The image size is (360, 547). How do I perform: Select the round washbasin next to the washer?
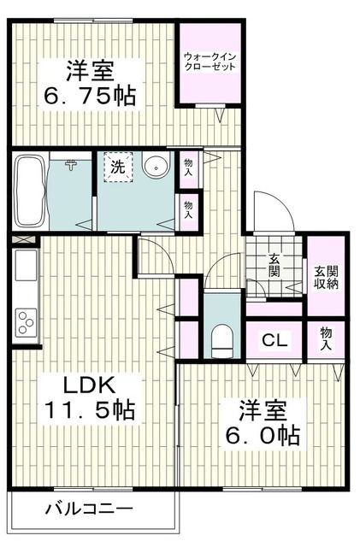pos(156,167)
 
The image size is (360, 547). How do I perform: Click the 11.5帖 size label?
pos(89,410)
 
